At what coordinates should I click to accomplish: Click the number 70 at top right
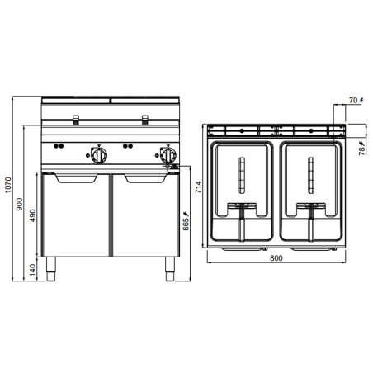tap(352, 101)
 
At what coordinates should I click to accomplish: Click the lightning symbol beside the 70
tap(361, 101)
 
